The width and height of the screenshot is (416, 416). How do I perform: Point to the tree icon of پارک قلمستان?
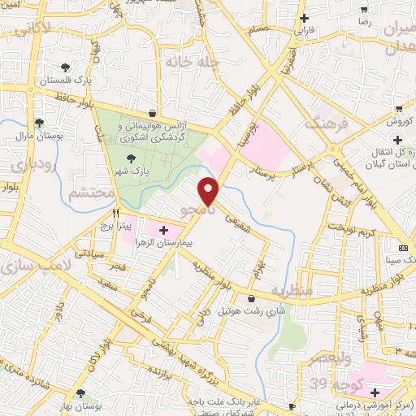tap(65, 68)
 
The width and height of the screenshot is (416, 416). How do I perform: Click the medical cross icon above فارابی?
tap(304, 18)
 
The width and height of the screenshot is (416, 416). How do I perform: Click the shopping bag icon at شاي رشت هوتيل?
tap(252, 297)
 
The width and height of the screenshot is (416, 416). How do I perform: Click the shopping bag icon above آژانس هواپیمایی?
tap(153, 114)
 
